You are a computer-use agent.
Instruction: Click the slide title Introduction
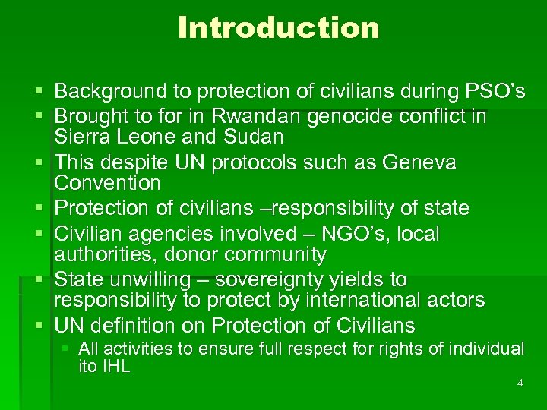(278, 28)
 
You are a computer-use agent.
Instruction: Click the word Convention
(107, 183)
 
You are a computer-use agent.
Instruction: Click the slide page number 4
(520, 383)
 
